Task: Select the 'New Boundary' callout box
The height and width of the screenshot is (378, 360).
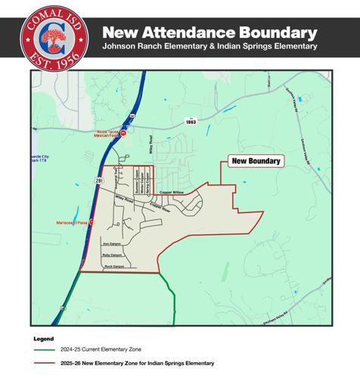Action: pos(255,161)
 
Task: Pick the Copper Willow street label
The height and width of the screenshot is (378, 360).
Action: pos(172,193)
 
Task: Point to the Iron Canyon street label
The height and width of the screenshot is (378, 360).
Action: pos(112,243)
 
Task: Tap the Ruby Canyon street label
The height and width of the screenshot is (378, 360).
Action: pos(112,256)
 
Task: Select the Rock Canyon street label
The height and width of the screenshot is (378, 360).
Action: pos(113,267)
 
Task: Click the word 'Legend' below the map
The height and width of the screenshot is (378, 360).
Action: pos(44,338)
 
